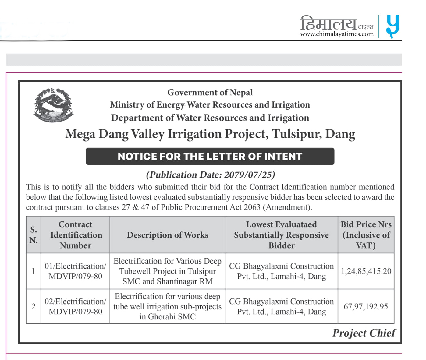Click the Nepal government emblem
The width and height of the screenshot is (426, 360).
click(53, 105)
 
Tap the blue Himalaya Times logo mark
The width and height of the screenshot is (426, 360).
click(392, 26)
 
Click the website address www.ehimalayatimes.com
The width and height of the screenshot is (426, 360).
click(337, 34)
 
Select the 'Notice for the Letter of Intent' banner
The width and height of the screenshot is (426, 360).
click(210, 156)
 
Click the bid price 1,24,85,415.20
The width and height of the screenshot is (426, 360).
click(366, 271)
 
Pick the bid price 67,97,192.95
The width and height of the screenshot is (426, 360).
click(366, 306)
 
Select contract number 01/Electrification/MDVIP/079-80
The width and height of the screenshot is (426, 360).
click(75, 271)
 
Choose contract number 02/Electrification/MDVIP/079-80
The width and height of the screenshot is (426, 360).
click(75, 306)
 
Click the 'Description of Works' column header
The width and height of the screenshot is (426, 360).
click(167, 235)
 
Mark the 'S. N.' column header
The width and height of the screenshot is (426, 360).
click(34, 235)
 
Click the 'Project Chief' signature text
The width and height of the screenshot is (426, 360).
click(364, 333)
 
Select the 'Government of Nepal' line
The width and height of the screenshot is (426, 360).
click(210, 92)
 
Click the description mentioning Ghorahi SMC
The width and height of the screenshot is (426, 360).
click(167, 306)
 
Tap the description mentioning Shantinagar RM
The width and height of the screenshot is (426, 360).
click(167, 271)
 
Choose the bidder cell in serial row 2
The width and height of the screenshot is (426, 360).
click(281, 306)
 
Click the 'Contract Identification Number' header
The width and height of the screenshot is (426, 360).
click(75, 235)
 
